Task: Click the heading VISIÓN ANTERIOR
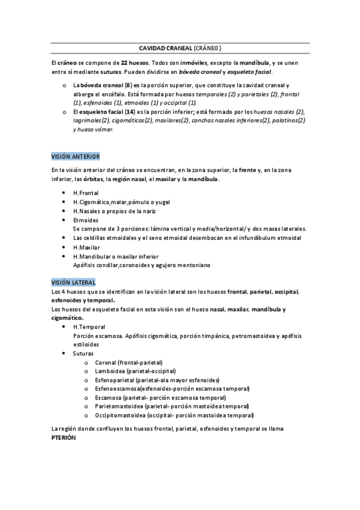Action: pyautogui.click(x=75, y=156)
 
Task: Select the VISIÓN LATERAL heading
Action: pyautogui.click(x=73, y=283)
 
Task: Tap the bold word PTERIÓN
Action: pyautogui.click(x=64, y=438)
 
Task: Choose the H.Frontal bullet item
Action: pyautogui.click(x=85, y=192)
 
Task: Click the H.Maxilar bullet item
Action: pyautogui.click(x=86, y=247)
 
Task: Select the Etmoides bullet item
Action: pyautogui.click(x=85, y=220)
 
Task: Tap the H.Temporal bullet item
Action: pyautogui.click(x=89, y=327)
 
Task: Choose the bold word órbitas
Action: pyautogui.click(x=93, y=179)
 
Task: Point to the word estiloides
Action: pyautogui.click(x=87, y=345)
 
